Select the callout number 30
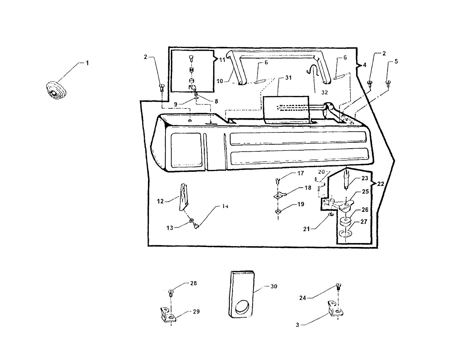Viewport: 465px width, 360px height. click(x=274, y=286)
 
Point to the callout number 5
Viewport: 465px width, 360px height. click(x=396, y=61)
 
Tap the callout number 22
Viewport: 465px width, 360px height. click(x=380, y=184)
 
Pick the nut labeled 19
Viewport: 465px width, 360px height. click(x=278, y=211)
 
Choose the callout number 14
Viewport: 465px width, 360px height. click(x=225, y=206)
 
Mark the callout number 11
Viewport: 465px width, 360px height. click(x=222, y=60)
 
